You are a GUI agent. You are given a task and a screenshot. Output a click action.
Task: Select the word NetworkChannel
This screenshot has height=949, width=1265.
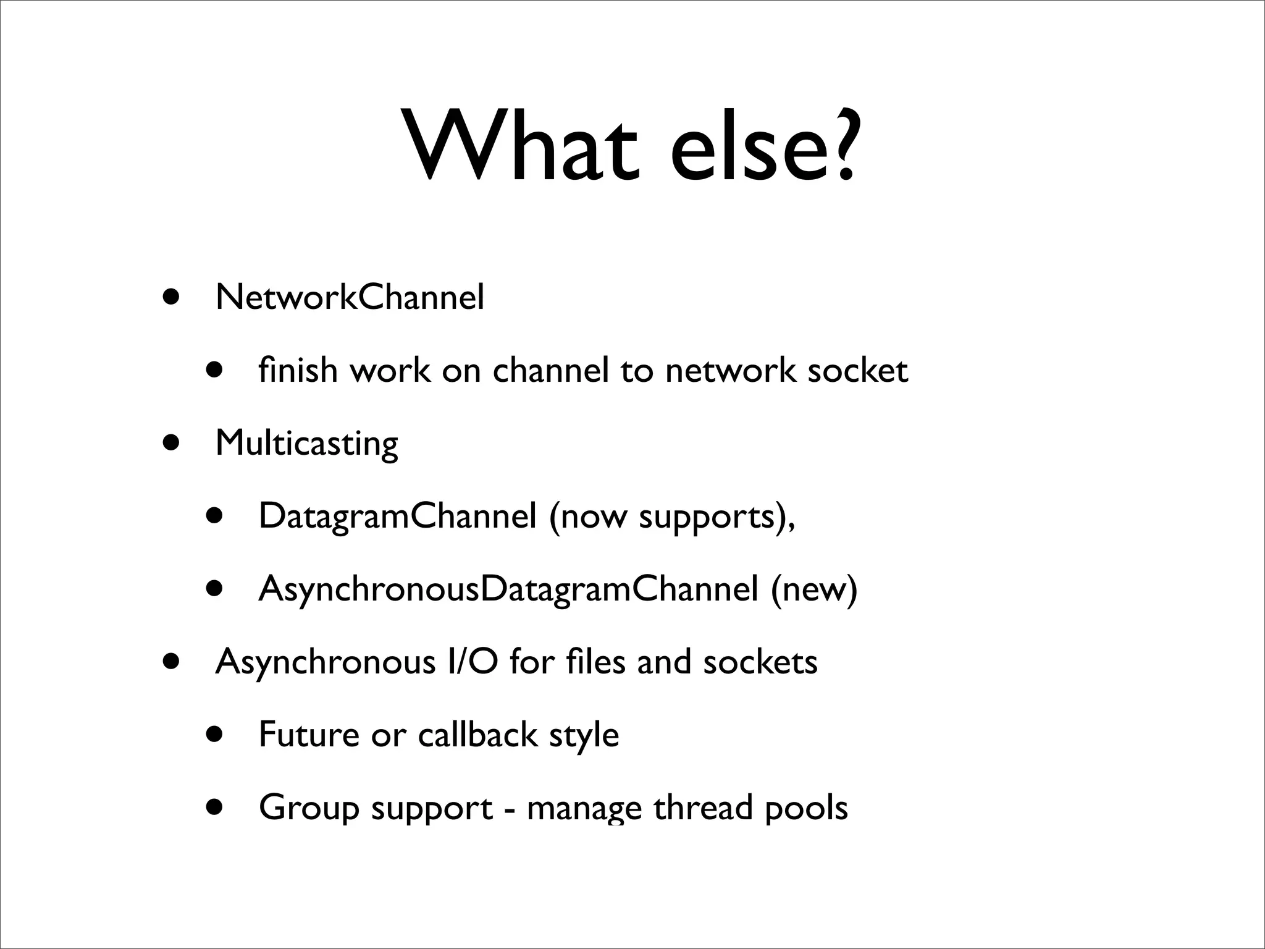350,298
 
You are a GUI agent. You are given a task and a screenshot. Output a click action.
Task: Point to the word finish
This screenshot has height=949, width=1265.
298,370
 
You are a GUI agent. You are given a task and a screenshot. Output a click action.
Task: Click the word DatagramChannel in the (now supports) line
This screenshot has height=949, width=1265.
397,516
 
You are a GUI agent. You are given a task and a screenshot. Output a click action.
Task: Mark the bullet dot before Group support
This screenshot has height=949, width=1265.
214,806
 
